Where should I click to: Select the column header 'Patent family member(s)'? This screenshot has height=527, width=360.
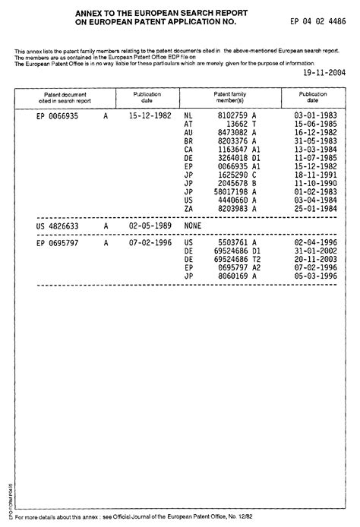(x=229, y=97)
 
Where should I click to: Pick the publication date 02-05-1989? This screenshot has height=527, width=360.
(x=148, y=226)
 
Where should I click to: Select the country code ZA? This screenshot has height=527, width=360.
(x=189, y=208)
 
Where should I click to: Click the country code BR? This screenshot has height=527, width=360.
(x=190, y=141)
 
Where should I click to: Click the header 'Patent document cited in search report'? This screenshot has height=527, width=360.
(x=65, y=97)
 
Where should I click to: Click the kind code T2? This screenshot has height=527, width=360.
(x=256, y=260)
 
